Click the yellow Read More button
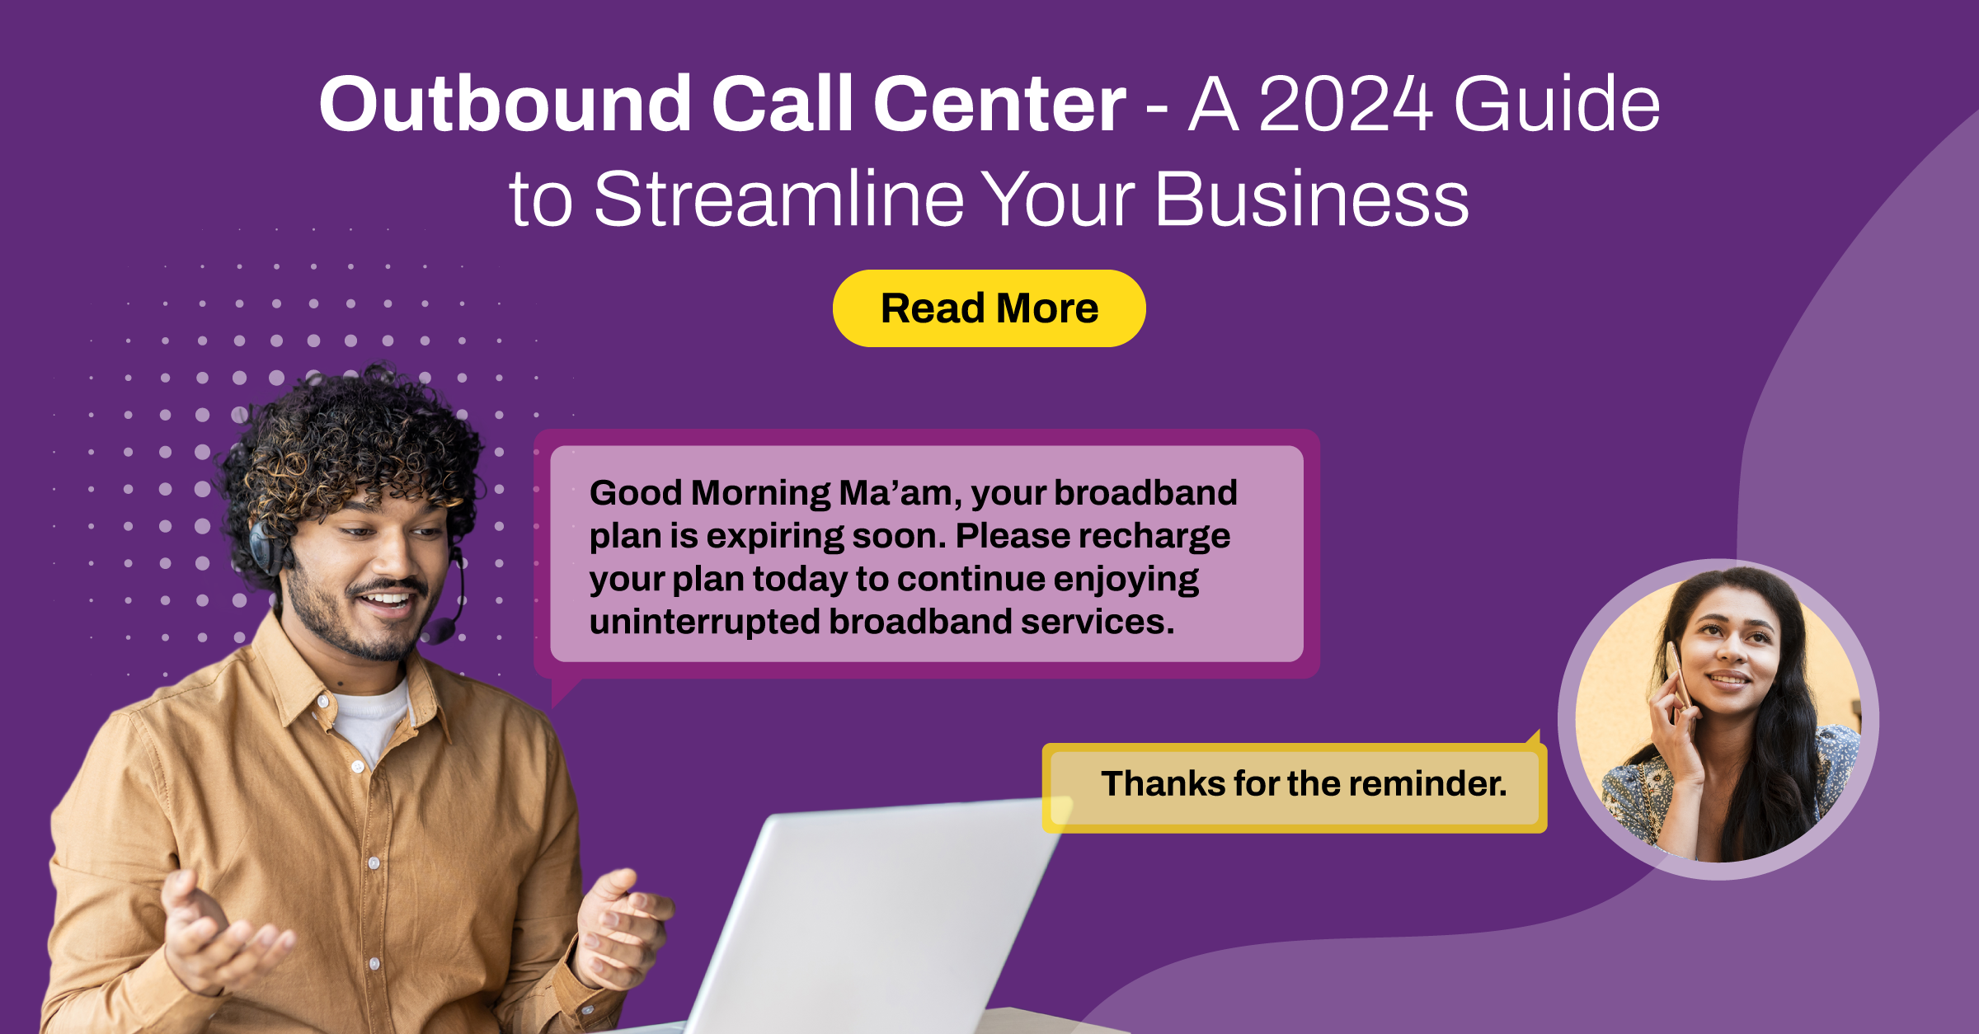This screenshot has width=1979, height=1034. click(989, 308)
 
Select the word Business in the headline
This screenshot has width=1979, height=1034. click(1311, 200)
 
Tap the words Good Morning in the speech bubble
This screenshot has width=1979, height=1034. click(710, 493)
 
